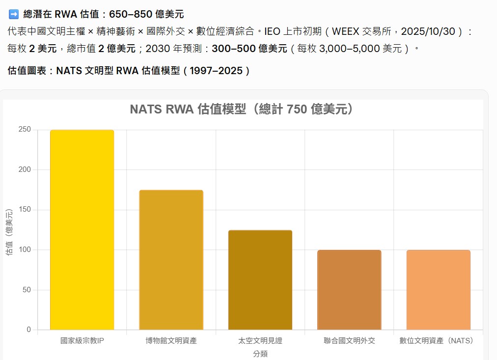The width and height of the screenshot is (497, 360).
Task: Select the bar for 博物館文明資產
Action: coord(171,260)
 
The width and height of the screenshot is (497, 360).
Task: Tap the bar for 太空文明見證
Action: coord(260,280)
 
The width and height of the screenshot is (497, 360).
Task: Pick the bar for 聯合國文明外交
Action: coord(349,290)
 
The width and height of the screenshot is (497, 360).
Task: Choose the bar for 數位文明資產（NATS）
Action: coord(438,290)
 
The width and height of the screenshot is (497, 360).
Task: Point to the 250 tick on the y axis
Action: coord(25,130)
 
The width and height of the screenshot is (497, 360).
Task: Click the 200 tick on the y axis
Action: coord(25,170)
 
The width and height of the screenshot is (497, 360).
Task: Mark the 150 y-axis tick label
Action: coord(25,210)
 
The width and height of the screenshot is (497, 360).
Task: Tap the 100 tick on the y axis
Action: coord(25,250)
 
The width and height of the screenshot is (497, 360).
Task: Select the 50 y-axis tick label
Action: coord(27,290)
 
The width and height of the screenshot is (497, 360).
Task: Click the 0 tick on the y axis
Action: coord(28,330)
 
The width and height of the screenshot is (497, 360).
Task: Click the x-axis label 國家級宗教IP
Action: coord(82,340)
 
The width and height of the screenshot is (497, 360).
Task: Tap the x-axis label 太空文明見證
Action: coord(260,340)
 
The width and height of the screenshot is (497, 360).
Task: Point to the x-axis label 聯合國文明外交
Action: coord(349,340)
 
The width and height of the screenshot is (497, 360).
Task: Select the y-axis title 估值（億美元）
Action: coord(9,232)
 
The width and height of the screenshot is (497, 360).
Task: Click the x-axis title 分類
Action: coord(260,354)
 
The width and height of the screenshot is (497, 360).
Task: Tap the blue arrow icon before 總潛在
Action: coord(13,14)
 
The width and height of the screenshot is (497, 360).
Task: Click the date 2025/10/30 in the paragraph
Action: coord(428,32)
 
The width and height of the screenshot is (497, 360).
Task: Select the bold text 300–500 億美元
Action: coord(249,49)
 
